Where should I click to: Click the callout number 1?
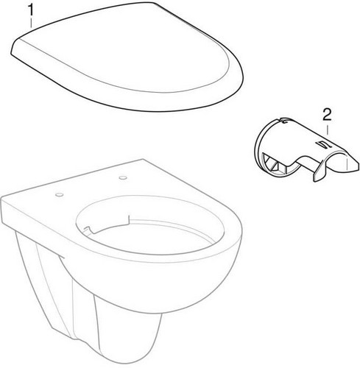click(x=30, y=10)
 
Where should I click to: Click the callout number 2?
click(x=327, y=115)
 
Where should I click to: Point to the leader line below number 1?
click(x=31, y=23)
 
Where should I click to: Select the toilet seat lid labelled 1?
click(x=127, y=57)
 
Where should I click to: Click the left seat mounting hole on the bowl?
click(x=59, y=195)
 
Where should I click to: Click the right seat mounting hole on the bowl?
click(x=123, y=177)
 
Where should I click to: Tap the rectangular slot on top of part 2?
click(x=321, y=144)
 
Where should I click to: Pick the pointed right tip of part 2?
click(x=359, y=167)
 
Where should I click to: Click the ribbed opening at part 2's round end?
click(x=275, y=164)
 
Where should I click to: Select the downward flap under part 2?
click(x=319, y=171)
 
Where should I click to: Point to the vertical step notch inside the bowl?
click(x=128, y=219)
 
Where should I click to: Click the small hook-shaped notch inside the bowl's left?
click(x=88, y=230)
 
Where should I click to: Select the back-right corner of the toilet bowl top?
click(x=142, y=160)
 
